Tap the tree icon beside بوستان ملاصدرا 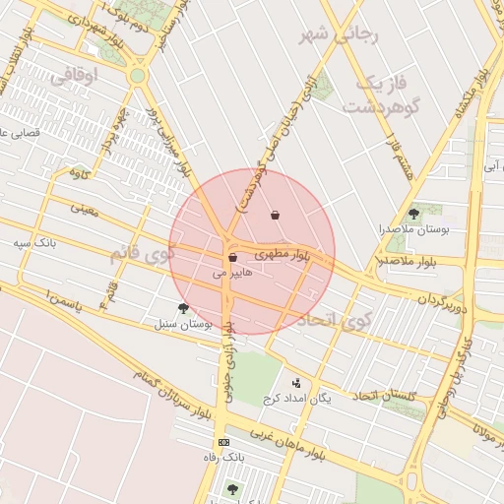point(412,214)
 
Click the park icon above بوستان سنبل point(183,308)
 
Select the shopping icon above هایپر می point(232,258)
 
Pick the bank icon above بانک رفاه point(223,443)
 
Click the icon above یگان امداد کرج point(296,383)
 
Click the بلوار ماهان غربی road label point(286,440)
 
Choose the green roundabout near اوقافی point(138,75)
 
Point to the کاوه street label point(79,173)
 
